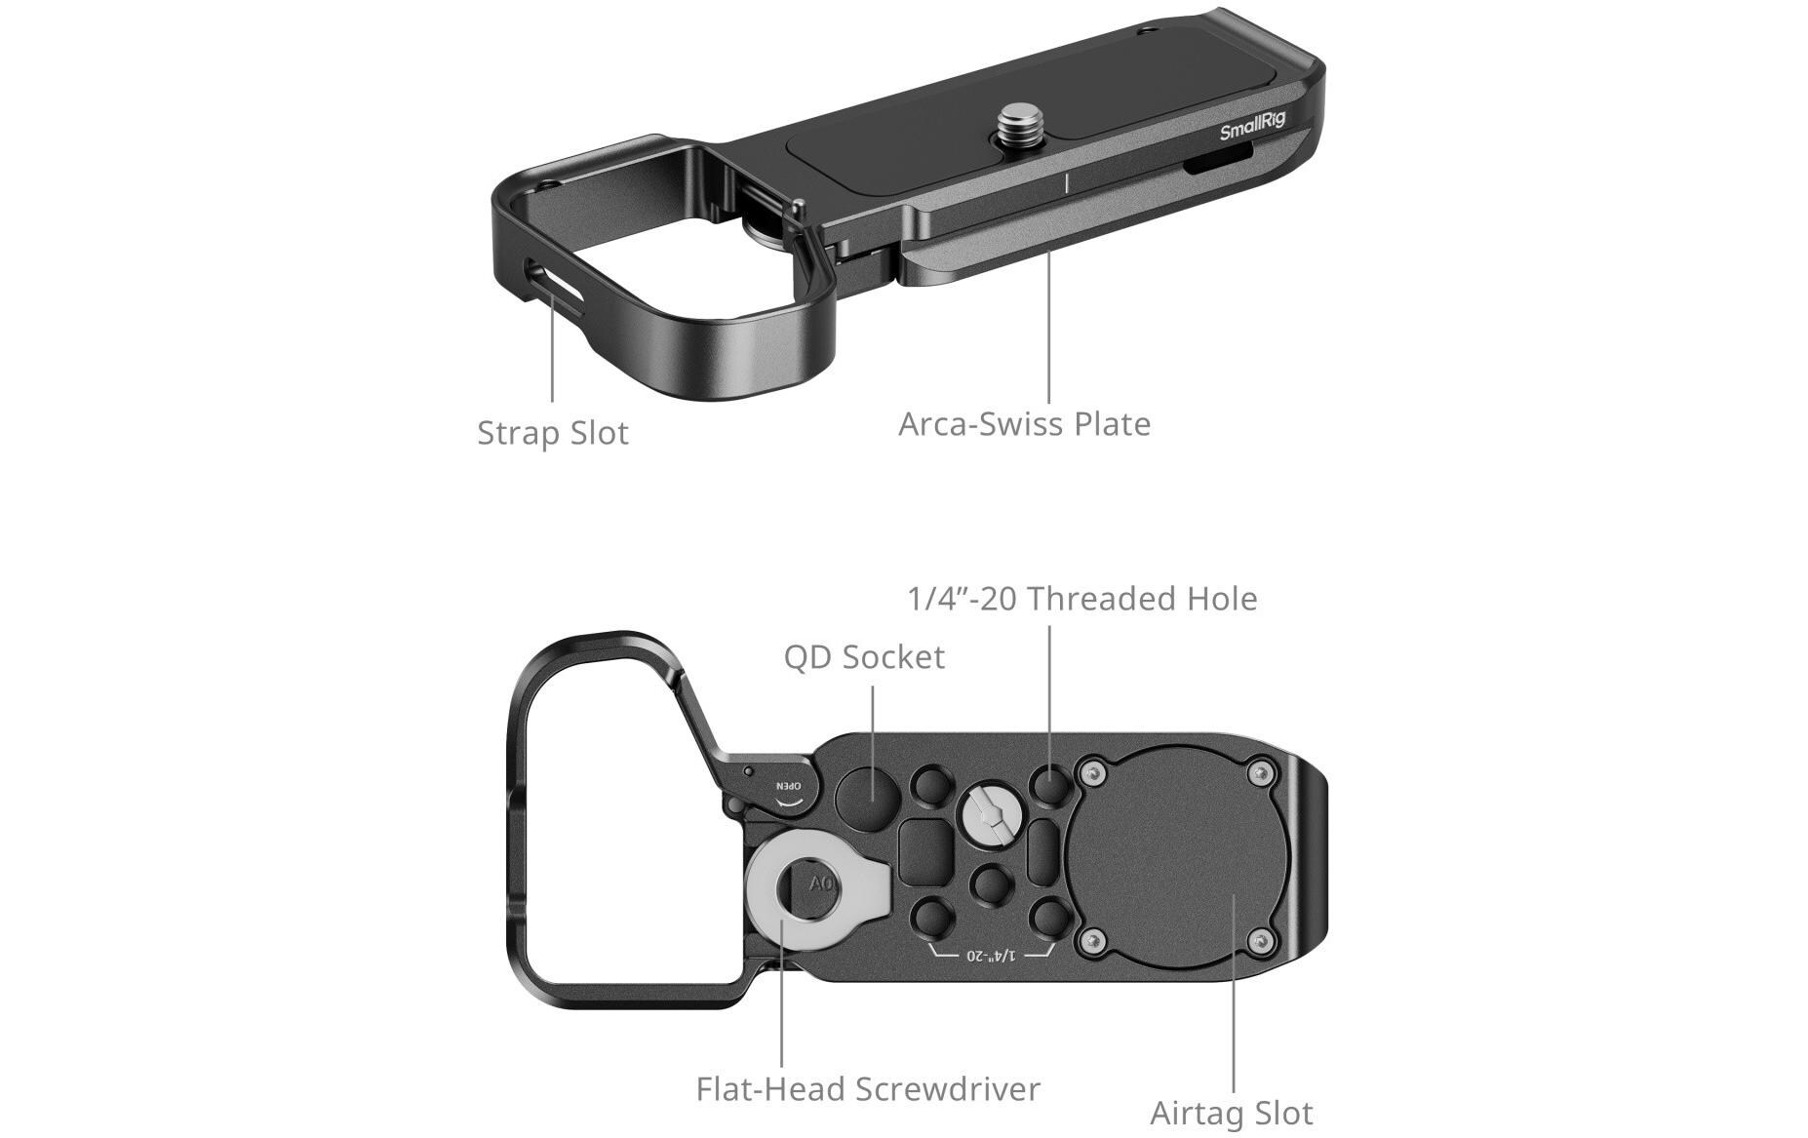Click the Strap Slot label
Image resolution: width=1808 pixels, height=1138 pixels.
point(552,433)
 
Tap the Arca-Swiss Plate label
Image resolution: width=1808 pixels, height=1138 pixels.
point(1024,424)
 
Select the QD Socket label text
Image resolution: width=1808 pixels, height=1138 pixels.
point(864,657)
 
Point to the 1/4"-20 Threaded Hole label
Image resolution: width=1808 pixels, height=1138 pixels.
point(1081,599)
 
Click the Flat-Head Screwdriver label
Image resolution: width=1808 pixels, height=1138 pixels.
point(868,1088)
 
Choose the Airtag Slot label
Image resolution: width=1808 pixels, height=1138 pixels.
point(1231,1113)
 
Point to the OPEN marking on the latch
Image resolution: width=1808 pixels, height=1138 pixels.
point(788,786)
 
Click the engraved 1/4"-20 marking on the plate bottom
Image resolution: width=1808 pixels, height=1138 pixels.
point(991,954)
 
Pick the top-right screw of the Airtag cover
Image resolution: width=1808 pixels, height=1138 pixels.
point(1264,773)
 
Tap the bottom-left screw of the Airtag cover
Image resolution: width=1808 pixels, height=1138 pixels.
point(1094,941)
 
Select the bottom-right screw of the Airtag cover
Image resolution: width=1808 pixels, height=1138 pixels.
point(1264,941)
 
